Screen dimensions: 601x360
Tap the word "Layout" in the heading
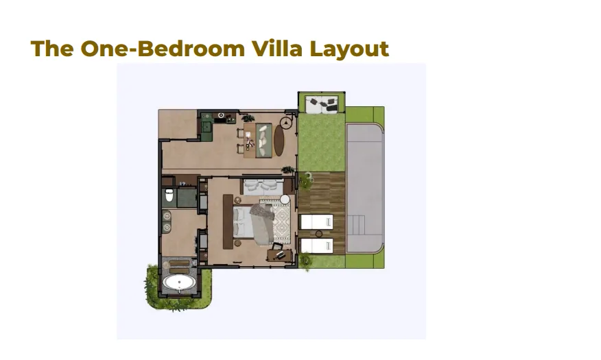click(349, 50)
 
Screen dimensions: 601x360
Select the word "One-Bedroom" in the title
click(163, 48)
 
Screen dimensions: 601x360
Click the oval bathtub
click(179, 283)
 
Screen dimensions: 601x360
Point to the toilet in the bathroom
click(169, 195)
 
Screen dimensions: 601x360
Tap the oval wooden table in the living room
click(279, 141)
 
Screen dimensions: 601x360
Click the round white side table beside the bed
click(285, 199)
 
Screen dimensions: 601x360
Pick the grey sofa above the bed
click(263, 186)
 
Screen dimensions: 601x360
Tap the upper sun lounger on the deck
click(316, 221)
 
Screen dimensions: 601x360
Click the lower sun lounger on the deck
click(316, 245)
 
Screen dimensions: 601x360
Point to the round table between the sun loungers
click(319, 234)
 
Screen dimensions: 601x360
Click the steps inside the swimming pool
click(356, 224)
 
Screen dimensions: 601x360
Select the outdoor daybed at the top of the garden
click(322, 105)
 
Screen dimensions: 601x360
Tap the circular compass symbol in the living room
click(285, 123)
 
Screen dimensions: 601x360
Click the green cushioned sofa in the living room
click(263, 140)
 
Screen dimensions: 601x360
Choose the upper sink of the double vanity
click(167, 217)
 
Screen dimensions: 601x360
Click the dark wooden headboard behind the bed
click(228, 221)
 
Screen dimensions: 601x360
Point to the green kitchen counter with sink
click(207, 126)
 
